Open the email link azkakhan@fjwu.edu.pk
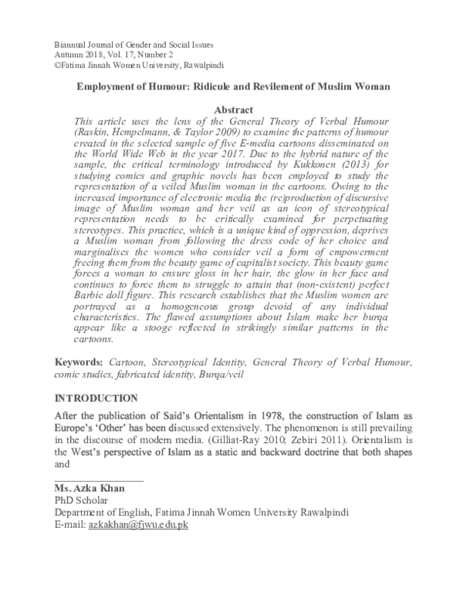pyautogui.click(x=138, y=524)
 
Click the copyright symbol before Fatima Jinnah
pyautogui.click(x=56, y=67)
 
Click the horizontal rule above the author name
pyautogui.click(x=98, y=480)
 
